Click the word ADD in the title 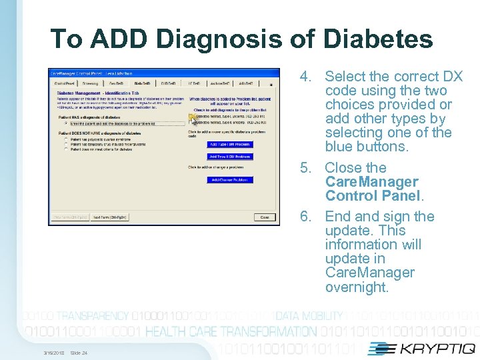coord(111,39)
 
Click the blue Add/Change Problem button coord(230,180)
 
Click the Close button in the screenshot coord(264,217)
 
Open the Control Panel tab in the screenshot coord(65,83)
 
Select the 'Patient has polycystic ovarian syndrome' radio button coord(65,139)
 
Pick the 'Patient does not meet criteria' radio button coord(65,149)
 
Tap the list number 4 coord(306,77)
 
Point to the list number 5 coord(306,168)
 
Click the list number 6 coord(306,217)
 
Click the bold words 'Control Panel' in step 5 coord(373,196)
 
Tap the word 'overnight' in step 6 coord(356,287)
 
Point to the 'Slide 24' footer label coord(79,353)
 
